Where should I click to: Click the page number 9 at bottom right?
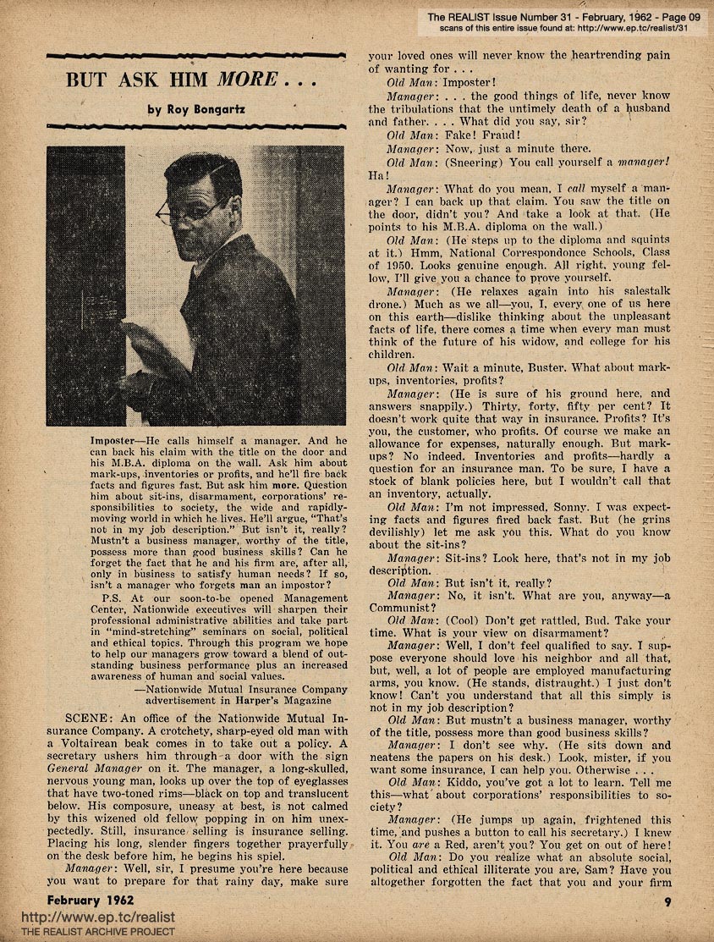click(x=667, y=901)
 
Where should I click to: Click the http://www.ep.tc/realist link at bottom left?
click(x=80, y=917)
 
